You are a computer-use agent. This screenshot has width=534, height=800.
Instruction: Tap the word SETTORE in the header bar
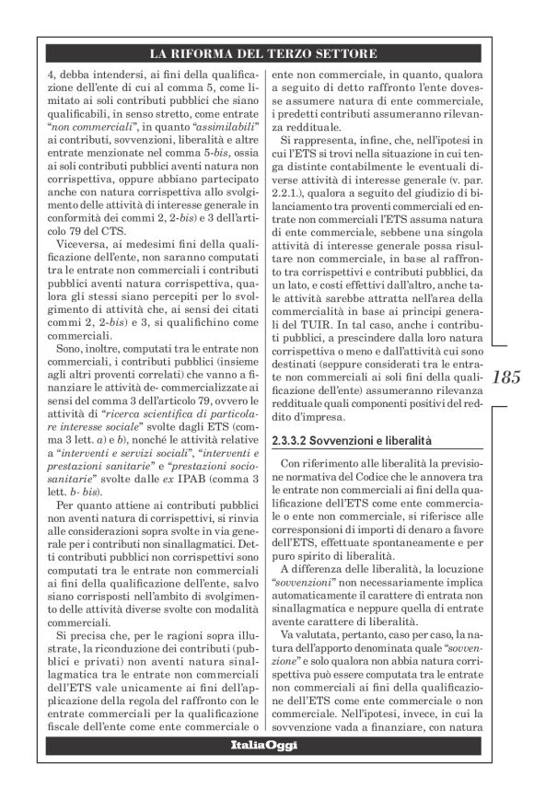(x=346, y=53)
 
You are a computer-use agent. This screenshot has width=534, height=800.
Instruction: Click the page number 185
(x=506, y=378)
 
